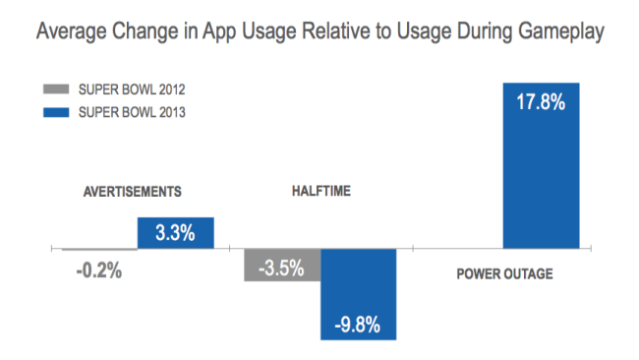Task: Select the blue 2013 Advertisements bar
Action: (176, 233)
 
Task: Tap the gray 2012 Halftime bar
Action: (282, 266)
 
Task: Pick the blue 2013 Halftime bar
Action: (359, 294)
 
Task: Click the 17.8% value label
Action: (541, 100)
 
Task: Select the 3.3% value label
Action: (176, 234)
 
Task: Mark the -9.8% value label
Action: (359, 325)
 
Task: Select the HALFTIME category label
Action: (319, 192)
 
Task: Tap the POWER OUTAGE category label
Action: (504, 274)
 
